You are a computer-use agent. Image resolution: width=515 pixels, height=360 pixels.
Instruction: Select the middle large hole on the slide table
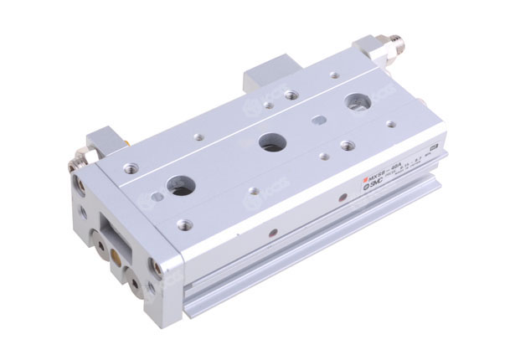(270, 140)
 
